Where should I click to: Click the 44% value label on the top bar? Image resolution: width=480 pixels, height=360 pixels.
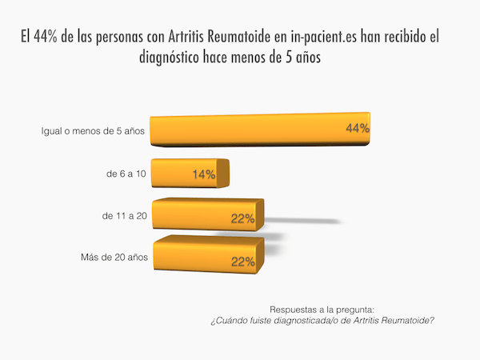[x=356, y=129]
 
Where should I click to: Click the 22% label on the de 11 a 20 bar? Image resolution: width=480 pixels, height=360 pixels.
[x=243, y=218]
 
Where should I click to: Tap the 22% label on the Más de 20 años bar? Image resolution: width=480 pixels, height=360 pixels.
[x=243, y=261]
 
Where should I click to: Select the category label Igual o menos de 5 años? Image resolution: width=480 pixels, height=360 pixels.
[x=93, y=130]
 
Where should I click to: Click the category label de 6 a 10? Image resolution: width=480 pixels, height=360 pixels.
[x=124, y=174]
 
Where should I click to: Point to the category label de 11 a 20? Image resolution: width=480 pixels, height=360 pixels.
[x=122, y=216]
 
